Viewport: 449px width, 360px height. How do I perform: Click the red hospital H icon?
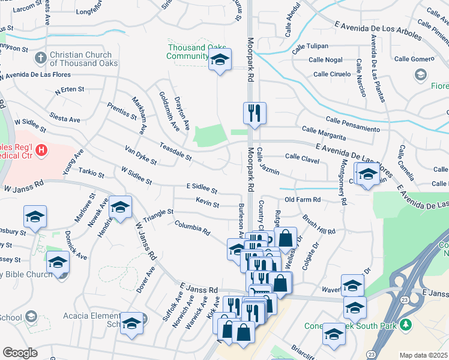[41, 150]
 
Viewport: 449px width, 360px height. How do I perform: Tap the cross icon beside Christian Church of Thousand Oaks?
[40, 58]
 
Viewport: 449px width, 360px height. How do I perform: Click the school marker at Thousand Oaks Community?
[220, 60]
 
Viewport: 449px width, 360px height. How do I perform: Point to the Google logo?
[20, 352]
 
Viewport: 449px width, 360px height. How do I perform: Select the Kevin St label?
[207, 205]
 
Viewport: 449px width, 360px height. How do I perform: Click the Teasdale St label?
[175, 151]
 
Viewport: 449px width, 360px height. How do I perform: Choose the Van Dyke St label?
[140, 155]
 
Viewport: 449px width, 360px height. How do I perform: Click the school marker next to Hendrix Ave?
[120, 207]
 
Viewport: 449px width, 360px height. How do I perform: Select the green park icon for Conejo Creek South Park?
[406, 325]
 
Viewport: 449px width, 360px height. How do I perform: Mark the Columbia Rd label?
[192, 228]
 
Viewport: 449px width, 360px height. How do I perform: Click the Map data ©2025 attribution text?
[424, 355]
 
